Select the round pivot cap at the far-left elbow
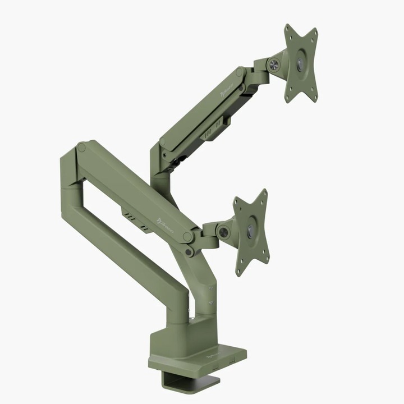pos(82,148)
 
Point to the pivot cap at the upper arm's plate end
pos(240,72)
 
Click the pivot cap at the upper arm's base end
pos(162,153)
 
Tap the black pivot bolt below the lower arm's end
pos(190,252)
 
